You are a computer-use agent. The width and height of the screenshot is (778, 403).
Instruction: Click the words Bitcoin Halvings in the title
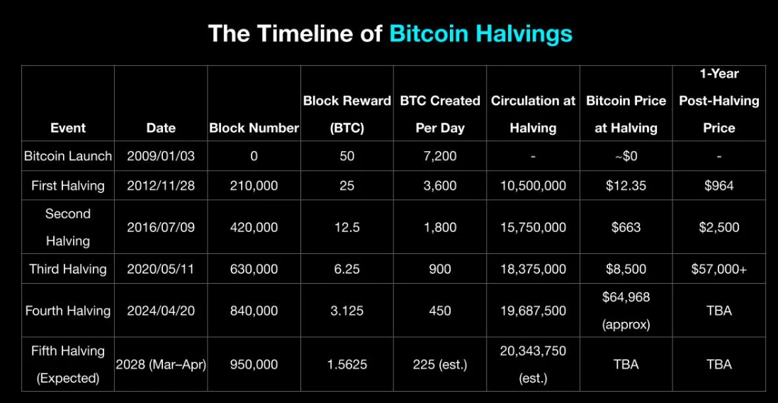tap(480, 33)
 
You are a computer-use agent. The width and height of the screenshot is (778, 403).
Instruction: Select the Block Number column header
tap(254, 128)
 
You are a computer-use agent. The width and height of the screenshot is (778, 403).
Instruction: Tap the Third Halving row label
tap(68, 269)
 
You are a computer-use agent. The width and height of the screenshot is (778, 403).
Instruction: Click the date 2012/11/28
tap(160, 186)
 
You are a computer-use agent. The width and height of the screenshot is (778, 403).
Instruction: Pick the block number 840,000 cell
tap(254, 311)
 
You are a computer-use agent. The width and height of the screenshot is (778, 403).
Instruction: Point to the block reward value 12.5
tap(346, 228)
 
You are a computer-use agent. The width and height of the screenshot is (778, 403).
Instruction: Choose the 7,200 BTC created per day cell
tap(439, 156)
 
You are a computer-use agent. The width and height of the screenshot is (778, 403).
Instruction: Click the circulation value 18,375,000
tap(533, 269)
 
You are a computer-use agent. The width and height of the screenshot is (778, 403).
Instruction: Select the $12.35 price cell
tap(626, 186)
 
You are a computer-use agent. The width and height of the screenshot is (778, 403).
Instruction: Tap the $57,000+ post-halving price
tap(718, 269)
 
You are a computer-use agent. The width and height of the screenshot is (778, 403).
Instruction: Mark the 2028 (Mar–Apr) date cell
tap(161, 365)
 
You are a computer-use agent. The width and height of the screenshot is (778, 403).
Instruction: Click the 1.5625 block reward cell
tap(346, 365)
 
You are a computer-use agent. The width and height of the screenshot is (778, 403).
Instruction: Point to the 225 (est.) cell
tap(439, 365)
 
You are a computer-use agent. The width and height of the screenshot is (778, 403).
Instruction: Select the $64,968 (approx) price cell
tap(626, 311)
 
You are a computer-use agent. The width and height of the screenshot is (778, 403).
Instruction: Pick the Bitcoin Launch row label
tap(68, 156)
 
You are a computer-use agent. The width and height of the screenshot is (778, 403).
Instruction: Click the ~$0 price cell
tap(626, 156)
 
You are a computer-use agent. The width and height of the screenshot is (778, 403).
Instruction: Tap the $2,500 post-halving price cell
tap(718, 228)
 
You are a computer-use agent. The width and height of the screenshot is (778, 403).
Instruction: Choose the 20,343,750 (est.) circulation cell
tap(533, 365)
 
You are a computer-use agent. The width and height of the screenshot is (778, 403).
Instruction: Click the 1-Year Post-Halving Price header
tap(718, 101)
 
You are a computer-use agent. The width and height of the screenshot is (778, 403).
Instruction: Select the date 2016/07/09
tap(160, 228)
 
